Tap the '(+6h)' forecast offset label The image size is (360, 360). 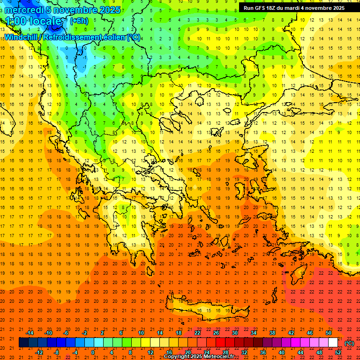(x=78, y=21)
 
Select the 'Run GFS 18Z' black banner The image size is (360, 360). (x=294, y=7)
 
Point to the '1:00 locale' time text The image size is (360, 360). (x=34, y=21)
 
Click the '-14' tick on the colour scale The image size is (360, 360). (x=30, y=333)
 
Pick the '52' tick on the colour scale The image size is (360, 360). (x=338, y=352)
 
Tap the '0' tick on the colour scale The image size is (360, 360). (x=93, y=352)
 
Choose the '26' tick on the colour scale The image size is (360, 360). (x=216, y=333)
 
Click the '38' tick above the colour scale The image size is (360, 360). (x=272, y=333)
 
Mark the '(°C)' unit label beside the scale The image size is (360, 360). (x=349, y=343)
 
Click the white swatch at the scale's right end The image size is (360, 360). (x=333, y=343)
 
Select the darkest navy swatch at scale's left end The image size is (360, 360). (x=23, y=343)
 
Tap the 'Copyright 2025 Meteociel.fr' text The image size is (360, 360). (x=199, y=357)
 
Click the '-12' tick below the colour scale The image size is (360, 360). (x=39, y=352)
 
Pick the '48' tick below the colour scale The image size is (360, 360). (x=319, y=352)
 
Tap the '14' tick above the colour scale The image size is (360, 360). (x=160, y=333)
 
